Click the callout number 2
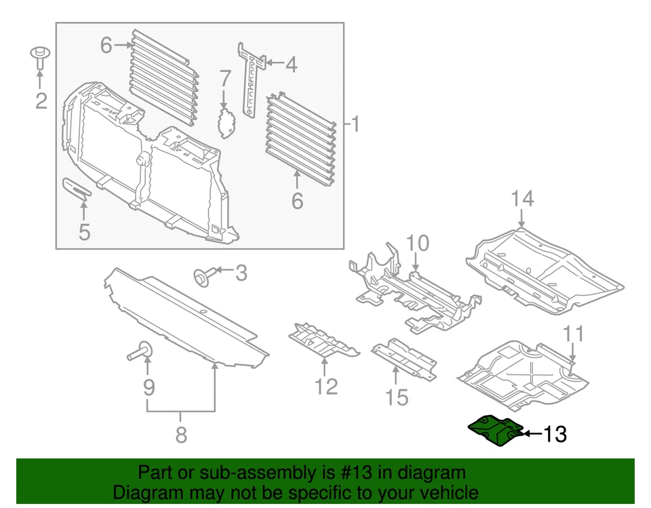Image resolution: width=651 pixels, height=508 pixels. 41,101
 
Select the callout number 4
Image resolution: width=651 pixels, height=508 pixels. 290,65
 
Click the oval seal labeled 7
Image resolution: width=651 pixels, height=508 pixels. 225,122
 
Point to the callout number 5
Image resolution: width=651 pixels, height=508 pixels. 84,232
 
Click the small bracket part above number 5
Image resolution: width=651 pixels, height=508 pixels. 76,189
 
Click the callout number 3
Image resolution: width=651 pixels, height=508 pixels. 241,273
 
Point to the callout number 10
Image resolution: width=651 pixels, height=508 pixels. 418,243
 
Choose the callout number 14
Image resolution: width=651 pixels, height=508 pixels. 522,199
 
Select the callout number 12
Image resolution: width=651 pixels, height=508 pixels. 325,386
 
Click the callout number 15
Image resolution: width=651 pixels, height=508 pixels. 397,396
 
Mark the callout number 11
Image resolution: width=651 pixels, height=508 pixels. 574,334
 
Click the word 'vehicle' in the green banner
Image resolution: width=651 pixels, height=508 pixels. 443,492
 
